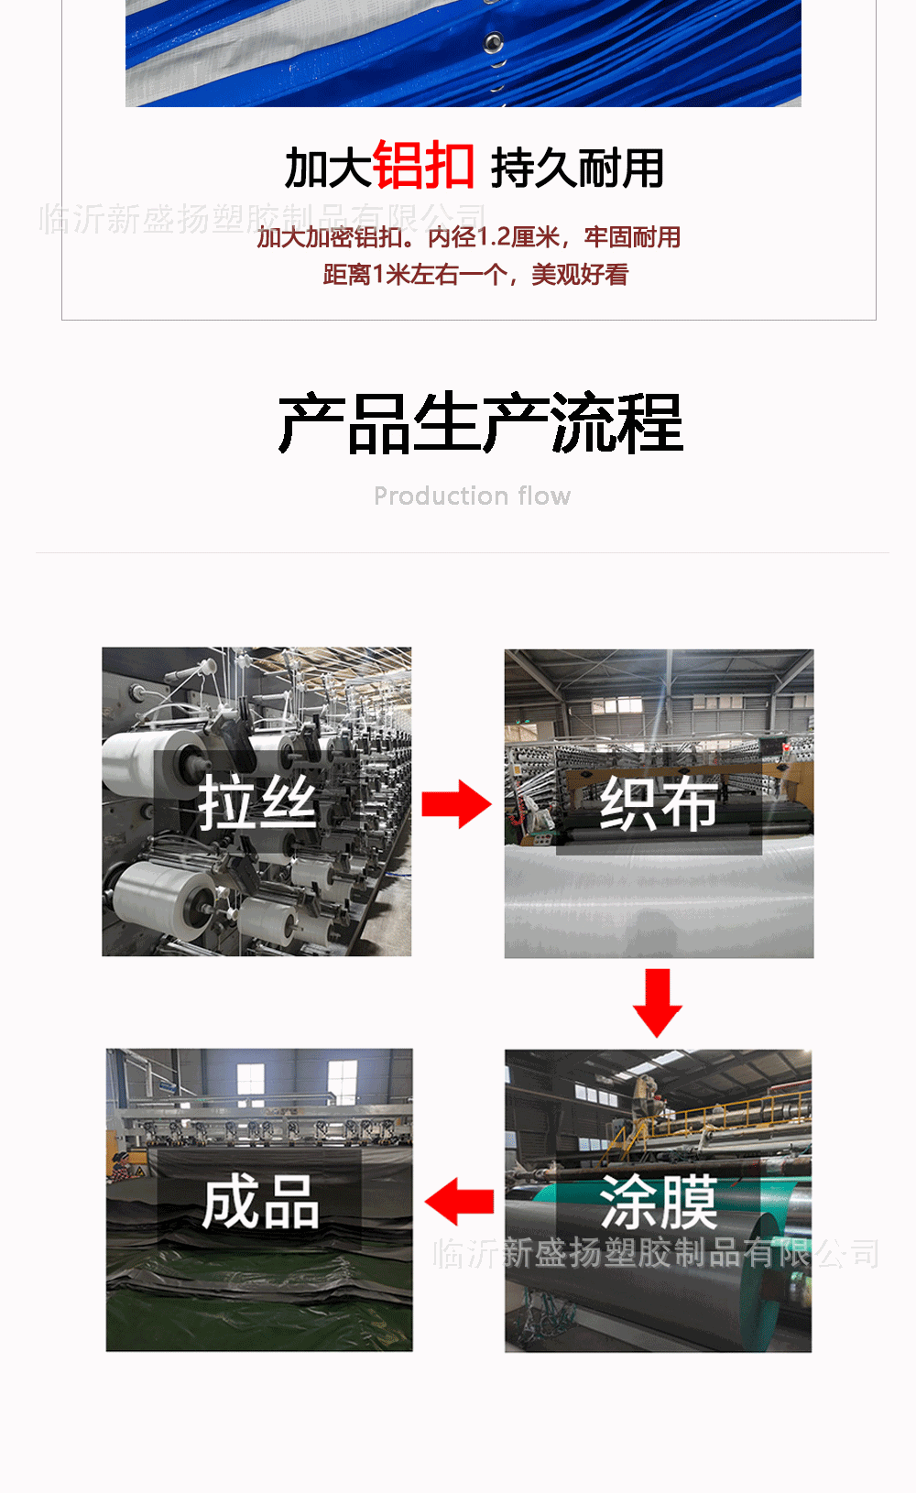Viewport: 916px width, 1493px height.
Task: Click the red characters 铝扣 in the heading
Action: pos(423,167)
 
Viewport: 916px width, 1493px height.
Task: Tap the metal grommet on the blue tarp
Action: pos(494,42)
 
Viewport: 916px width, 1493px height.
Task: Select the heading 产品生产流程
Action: pos(481,424)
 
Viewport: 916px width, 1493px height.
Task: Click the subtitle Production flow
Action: pos(472,496)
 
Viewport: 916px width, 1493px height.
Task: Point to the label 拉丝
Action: pos(257,803)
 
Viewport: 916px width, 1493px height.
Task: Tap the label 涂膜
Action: pos(659,1202)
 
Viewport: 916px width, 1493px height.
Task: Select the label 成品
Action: pos(261,1202)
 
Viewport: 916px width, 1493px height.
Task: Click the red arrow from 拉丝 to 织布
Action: pos(456,804)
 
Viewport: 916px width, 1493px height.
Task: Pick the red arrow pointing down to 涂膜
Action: pos(658,1003)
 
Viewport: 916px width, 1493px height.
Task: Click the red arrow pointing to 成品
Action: pos(460,1202)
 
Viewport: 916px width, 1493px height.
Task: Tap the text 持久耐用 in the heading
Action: pos(577,169)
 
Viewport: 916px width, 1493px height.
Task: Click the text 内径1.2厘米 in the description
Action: pos(494,237)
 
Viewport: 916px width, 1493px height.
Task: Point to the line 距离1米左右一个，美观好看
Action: pos(475,275)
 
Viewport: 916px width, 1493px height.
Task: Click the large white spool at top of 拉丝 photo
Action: pos(147,760)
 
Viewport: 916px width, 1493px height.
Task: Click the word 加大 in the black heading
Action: pos(327,169)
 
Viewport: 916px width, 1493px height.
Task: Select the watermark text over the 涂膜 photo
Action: pos(656,1253)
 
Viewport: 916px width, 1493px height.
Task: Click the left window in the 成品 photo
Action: pos(250,1081)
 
